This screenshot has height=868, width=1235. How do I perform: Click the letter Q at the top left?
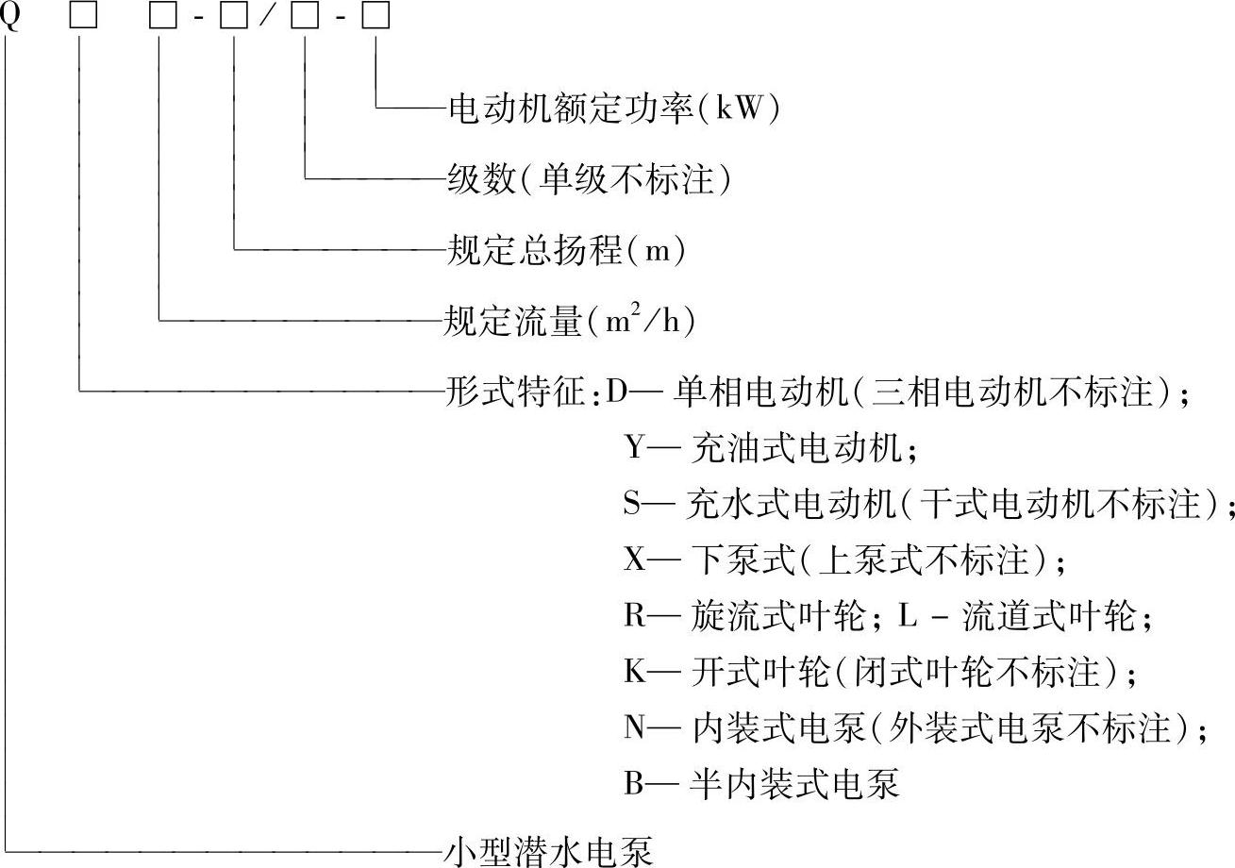pos(9,18)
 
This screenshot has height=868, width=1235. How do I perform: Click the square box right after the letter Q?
pos(83,19)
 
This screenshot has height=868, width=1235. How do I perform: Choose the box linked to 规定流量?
pos(161,19)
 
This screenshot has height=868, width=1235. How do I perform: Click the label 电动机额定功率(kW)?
pos(614,110)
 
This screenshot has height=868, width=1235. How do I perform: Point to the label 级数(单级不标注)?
pos(589,179)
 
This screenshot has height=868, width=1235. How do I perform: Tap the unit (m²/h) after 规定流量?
pos(642,323)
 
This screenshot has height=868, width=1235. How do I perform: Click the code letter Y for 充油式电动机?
pos(634,446)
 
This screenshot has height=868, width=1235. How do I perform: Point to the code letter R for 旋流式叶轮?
pos(633,616)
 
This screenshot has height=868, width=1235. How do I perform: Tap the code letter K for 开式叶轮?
pos(634,672)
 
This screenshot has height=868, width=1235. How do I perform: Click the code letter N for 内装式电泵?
pos(634,727)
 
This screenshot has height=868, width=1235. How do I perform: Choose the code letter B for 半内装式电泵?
pos(633,783)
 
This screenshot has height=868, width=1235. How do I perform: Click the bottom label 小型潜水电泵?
pos(548,851)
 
